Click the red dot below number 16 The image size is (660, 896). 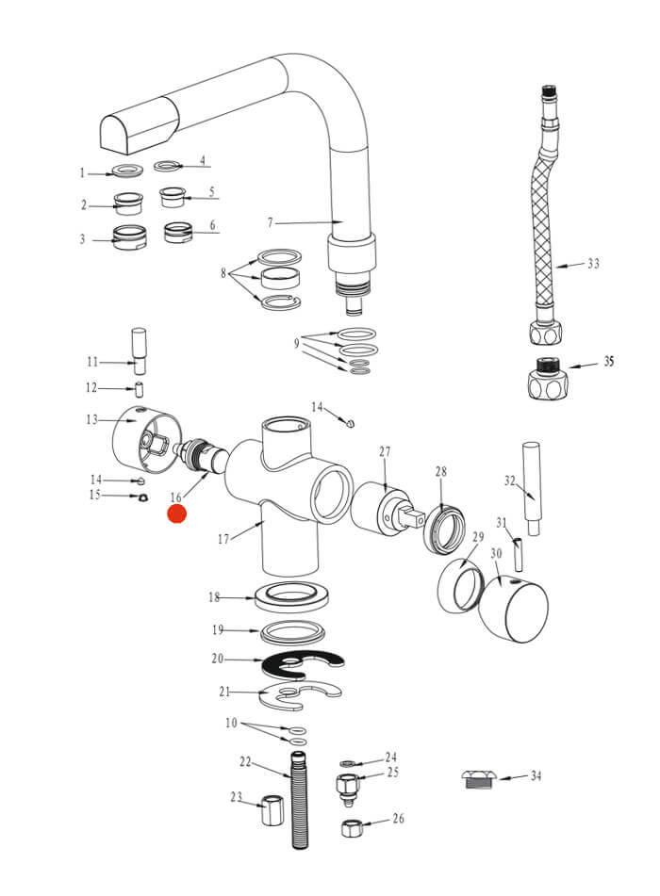pyautogui.click(x=177, y=513)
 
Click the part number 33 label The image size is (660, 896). pyautogui.click(x=593, y=264)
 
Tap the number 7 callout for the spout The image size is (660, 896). pyautogui.click(x=270, y=223)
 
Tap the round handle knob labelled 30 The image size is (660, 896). pyautogui.click(x=512, y=611)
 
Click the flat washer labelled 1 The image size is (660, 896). pyautogui.click(x=124, y=171)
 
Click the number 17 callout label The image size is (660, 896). pyautogui.click(x=223, y=540)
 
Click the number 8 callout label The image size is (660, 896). pyautogui.click(x=223, y=275)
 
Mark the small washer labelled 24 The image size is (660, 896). pyautogui.click(x=346, y=761)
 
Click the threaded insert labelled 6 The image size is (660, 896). pyautogui.click(x=178, y=231)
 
